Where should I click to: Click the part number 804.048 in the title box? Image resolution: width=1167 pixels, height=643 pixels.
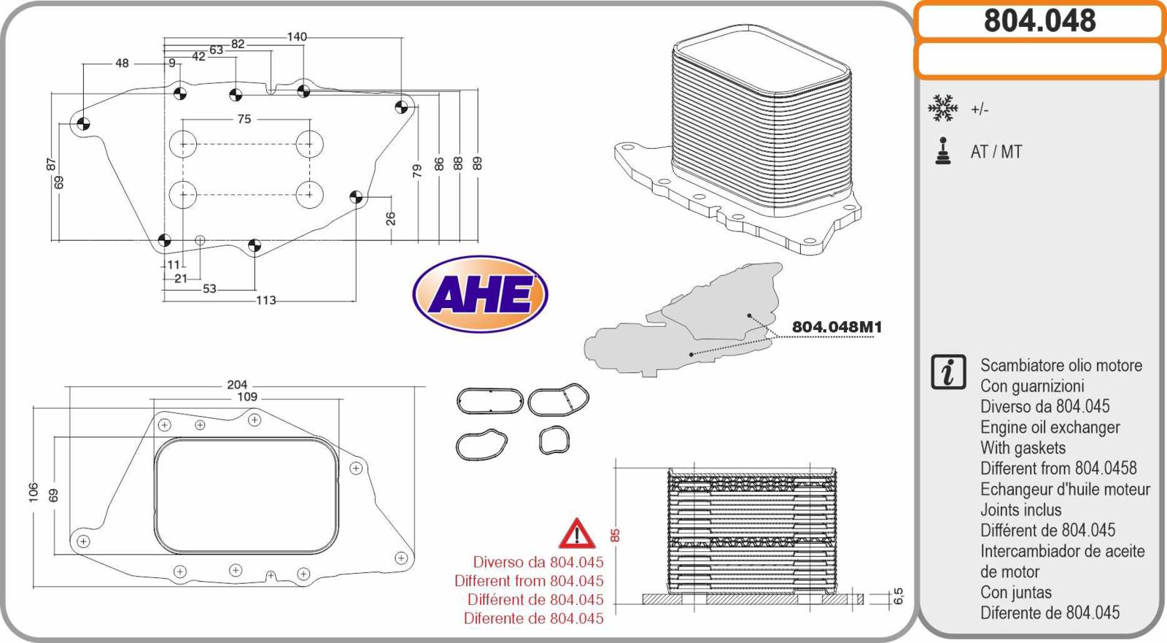click(1040, 21)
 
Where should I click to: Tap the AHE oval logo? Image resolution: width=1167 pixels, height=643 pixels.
click(480, 293)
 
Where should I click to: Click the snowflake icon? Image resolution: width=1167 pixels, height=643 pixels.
click(942, 108)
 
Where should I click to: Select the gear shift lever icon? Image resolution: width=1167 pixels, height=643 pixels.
click(942, 151)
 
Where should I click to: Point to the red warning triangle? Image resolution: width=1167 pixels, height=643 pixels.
click(577, 534)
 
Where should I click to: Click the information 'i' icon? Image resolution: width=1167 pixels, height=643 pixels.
click(948, 372)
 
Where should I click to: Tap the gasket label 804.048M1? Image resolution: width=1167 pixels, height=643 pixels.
click(837, 327)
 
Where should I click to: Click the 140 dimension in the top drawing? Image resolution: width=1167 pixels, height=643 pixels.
click(297, 37)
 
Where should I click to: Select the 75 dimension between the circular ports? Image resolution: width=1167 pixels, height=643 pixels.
click(244, 119)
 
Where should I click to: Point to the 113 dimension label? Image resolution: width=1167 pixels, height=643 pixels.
click(265, 301)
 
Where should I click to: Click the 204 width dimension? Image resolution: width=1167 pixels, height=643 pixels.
click(237, 385)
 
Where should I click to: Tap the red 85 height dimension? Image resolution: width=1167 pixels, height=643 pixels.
click(615, 535)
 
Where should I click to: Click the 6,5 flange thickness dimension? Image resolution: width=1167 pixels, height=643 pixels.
click(898, 596)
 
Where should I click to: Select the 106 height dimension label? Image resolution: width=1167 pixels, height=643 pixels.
click(34, 493)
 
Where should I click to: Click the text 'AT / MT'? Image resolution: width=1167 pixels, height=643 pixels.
click(996, 152)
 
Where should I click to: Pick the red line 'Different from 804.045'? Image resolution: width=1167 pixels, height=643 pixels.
click(529, 580)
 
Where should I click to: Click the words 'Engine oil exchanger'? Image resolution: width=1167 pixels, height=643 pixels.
click(1050, 427)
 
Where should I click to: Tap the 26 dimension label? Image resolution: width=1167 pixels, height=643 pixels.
click(390, 218)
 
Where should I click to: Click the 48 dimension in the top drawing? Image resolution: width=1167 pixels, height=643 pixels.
click(122, 63)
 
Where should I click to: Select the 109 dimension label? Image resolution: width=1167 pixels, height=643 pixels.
click(247, 397)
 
